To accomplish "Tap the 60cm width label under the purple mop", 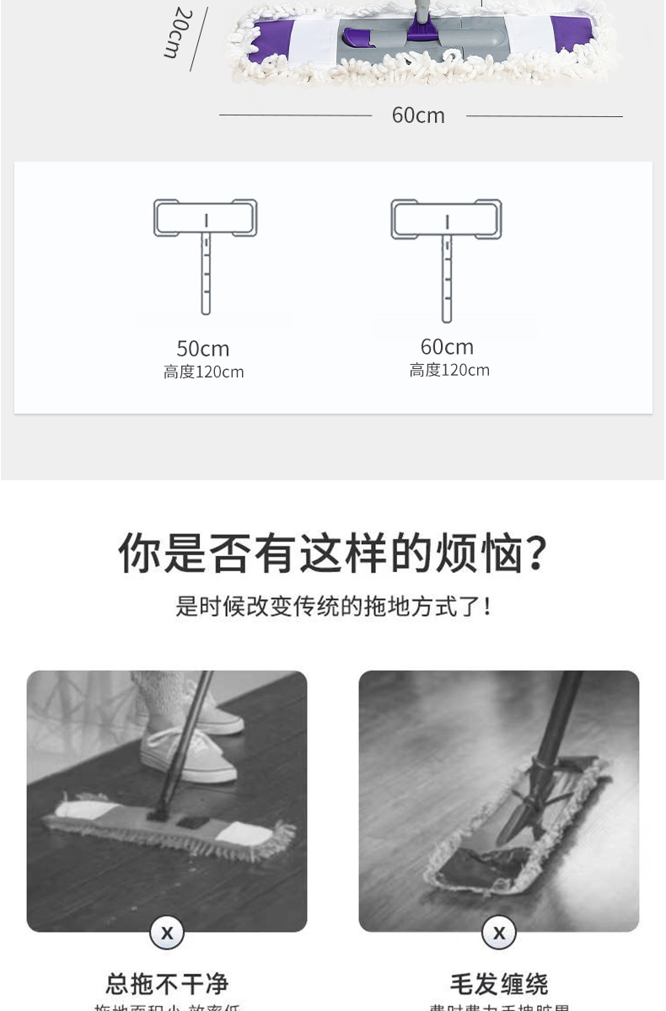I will pos(418,115).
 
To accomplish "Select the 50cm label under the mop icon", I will pos(203,348).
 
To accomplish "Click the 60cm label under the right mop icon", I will pos(447,346).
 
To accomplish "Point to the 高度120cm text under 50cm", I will pos(203,372).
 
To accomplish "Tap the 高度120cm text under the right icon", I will pos(449,370).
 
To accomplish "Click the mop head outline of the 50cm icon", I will pos(205,218).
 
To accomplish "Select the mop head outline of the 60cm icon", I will pos(446,219).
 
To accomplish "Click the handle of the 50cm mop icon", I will pos(206,274).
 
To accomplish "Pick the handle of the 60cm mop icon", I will pos(447,278).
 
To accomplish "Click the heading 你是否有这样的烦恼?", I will pos(333,553).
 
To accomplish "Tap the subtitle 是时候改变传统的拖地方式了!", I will pos(333,606).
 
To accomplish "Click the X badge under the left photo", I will pos(167,933).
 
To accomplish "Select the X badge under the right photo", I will pos(499,933).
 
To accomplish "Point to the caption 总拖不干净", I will pos(167,983).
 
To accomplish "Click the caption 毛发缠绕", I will pos(499,983).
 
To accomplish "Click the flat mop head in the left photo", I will pos(169,826).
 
